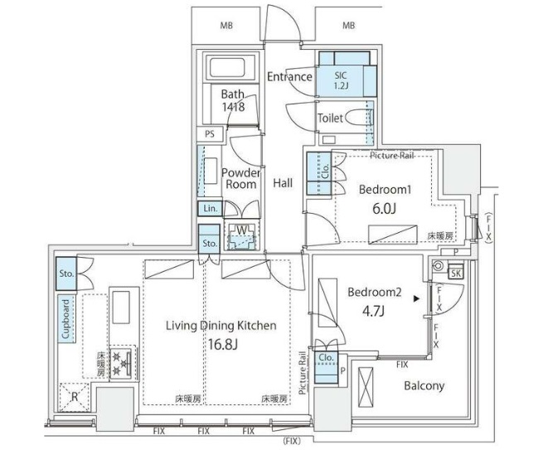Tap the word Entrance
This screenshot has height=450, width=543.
[289, 77]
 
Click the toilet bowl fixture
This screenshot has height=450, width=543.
[357, 119]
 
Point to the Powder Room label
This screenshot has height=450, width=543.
[241, 178]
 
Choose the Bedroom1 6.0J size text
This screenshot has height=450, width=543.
[381, 199]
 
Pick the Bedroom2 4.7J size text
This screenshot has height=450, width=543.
[373, 301]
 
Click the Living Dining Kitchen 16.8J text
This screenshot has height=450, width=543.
[220, 333]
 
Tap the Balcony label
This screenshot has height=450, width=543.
[424, 385]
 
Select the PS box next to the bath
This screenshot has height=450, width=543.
[210, 134]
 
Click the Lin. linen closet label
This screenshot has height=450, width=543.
[208, 210]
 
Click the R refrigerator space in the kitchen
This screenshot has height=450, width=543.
[75, 396]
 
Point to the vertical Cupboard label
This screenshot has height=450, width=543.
[64, 319]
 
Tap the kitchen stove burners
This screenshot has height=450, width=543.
[122, 361]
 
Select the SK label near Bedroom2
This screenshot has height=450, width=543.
[454, 273]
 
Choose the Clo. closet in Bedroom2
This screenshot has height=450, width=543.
[326, 358]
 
